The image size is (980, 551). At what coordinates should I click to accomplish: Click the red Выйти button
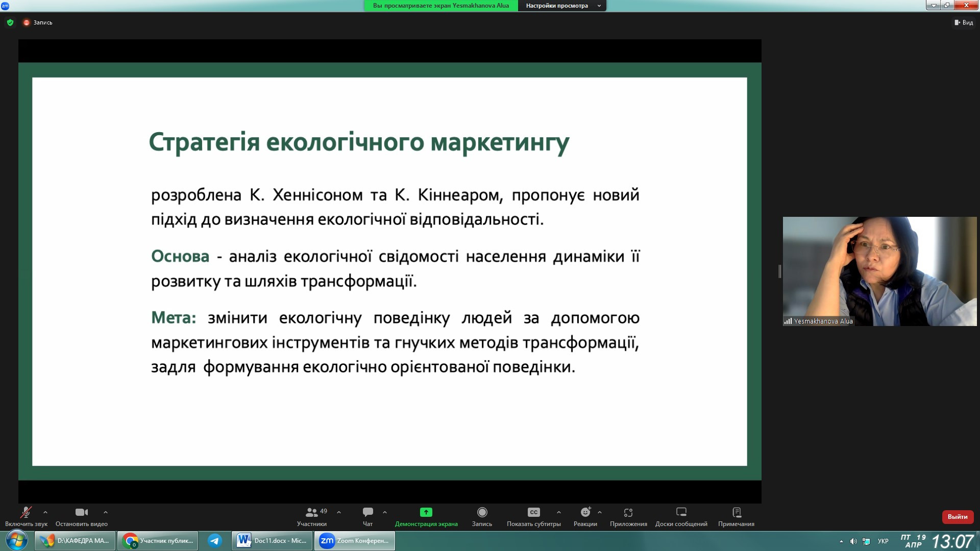[958, 517]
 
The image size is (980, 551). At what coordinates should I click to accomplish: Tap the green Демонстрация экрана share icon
[426, 512]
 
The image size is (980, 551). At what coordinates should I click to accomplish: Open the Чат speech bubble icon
[367, 512]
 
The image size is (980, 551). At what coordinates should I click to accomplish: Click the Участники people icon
[311, 512]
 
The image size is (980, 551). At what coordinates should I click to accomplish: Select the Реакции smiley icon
[585, 512]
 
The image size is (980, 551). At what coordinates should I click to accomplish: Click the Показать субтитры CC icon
[533, 512]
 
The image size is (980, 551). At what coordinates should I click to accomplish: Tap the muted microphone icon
[26, 512]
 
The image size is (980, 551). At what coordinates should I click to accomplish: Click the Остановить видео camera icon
[82, 512]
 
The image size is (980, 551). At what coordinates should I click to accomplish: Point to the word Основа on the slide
[180, 256]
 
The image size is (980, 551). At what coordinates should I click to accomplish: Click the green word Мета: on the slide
[174, 318]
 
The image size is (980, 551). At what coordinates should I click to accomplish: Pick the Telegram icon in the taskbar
[215, 541]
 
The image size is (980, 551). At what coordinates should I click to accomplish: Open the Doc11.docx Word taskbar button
[272, 541]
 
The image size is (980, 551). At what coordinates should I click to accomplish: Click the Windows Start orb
[16, 540]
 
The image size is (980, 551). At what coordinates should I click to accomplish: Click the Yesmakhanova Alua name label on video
[823, 321]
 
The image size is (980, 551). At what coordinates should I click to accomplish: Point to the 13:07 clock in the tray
[952, 541]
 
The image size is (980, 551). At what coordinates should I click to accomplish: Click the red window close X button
[966, 5]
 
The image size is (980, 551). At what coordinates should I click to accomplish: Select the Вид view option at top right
[964, 22]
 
